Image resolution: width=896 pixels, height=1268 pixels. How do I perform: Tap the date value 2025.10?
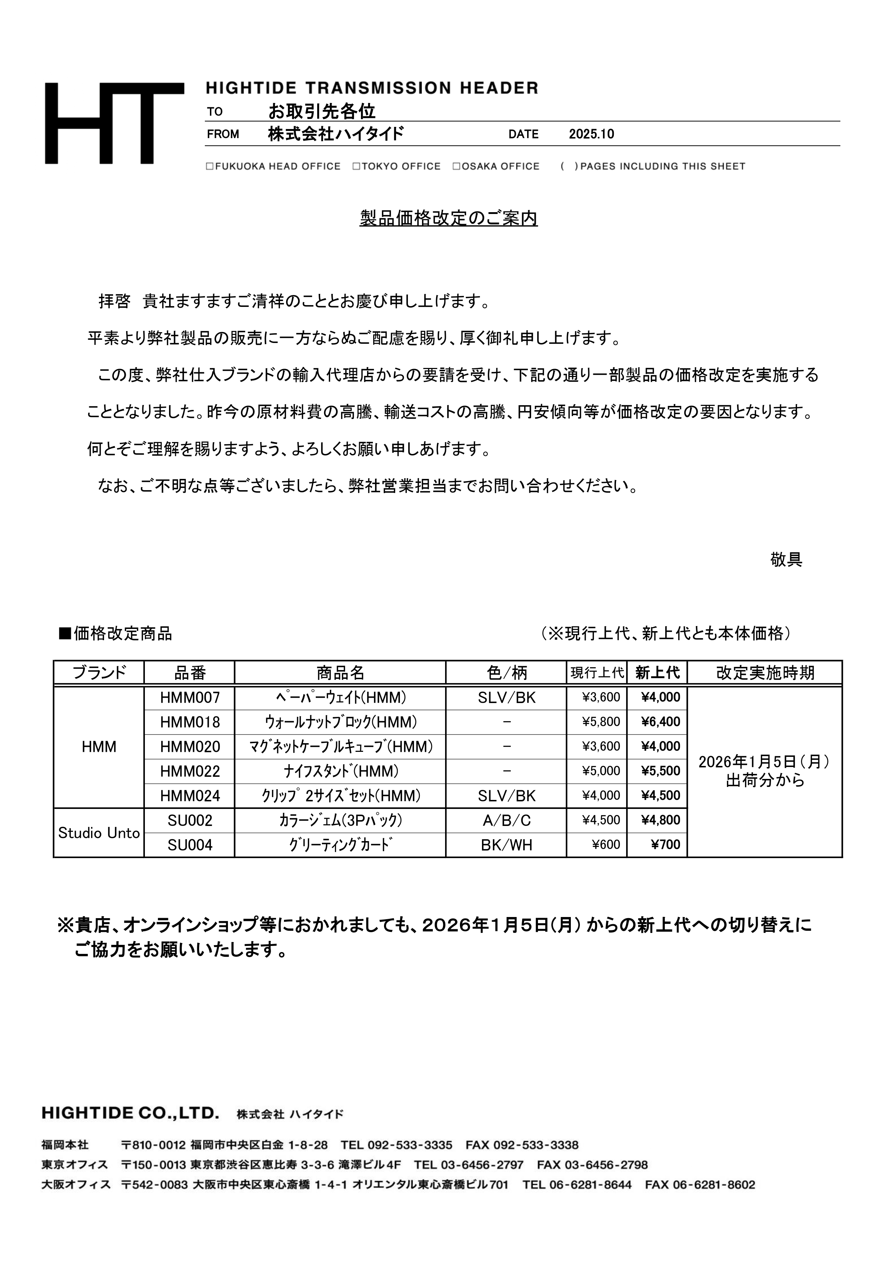(x=591, y=134)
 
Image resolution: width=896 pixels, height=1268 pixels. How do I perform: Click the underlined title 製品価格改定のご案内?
(x=448, y=219)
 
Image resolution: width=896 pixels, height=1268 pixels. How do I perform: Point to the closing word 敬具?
(x=786, y=560)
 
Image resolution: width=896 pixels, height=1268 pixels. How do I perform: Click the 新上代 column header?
(x=657, y=673)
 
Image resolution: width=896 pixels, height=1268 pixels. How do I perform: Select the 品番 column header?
(x=189, y=673)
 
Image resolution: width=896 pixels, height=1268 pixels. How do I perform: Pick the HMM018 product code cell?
(x=189, y=722)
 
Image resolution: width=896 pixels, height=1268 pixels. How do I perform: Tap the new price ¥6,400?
(x=660, y=722)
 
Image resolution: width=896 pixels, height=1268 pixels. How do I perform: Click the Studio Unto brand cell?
(x=99, y=833)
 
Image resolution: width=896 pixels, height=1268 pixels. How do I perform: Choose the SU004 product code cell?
(x=189, y=845)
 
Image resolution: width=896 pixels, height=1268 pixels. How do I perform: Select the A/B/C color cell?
(x=506, y=821)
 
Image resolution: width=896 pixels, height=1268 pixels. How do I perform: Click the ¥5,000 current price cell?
(x=601, y=771)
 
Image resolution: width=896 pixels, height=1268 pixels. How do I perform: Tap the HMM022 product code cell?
(x=189, y=771)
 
